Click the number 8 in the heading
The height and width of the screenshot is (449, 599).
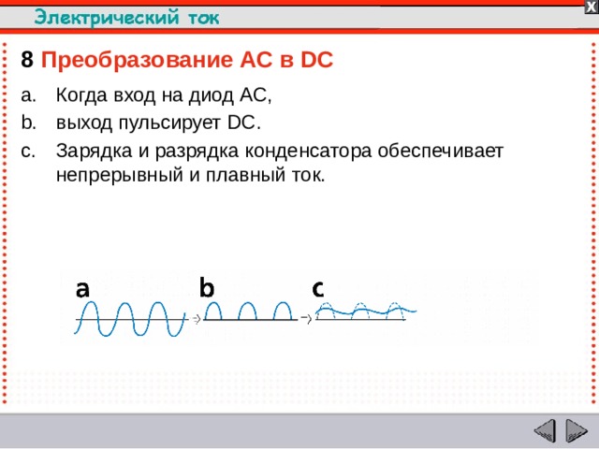point(27,61)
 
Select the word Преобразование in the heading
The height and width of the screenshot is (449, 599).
point(131,61)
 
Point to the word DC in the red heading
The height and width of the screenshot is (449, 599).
point(317,61)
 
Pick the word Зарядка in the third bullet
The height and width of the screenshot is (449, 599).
point(90,150)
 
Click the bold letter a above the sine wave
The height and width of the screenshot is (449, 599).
point(82,290)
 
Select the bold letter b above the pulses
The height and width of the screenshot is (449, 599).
point(206,289)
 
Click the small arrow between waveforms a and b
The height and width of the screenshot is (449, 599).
point(197,319)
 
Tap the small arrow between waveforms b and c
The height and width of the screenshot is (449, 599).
point(305,319)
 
